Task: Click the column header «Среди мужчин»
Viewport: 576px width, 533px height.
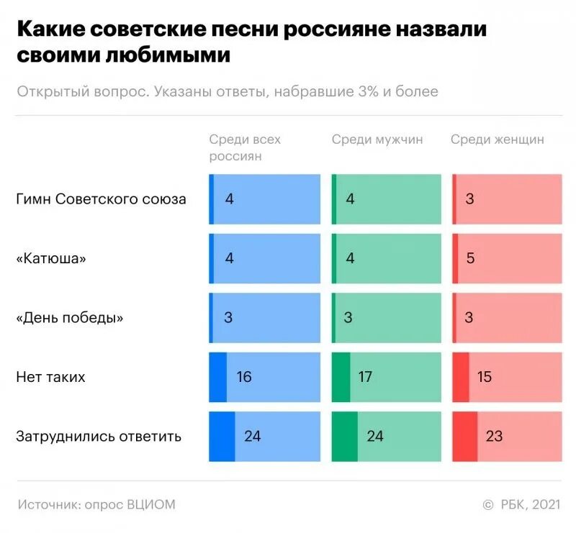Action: tap(377, 140)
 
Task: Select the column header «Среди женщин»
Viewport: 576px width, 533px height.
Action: tap(497, 140)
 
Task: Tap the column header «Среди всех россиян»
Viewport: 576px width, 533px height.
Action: tap(245, 147)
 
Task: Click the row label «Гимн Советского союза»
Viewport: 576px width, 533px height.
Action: tap(101, 199)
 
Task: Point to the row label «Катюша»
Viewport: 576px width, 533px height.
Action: tap(50, 258)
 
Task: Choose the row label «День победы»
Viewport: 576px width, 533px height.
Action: tap(69, 317)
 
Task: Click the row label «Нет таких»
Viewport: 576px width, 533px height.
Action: tap(50, 376)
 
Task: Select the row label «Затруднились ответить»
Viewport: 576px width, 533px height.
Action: tap(99, 436)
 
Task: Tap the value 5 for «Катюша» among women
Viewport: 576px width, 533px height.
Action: tap(470, 258)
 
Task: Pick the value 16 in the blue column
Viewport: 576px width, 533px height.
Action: tap(243, 376)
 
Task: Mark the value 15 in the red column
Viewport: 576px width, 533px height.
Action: tap(484, 376)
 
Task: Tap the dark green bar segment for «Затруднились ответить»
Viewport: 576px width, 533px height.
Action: tap(344, 436)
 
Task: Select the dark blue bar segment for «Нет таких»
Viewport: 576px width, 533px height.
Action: tap(217, 376)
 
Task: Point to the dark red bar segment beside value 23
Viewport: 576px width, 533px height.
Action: tap(464, 436)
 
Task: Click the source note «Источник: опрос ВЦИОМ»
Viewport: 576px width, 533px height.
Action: tap(96, 504)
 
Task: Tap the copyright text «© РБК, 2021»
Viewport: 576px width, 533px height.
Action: tap(521, 504)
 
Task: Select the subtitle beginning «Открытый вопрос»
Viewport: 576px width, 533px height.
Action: tap(227, 92)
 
